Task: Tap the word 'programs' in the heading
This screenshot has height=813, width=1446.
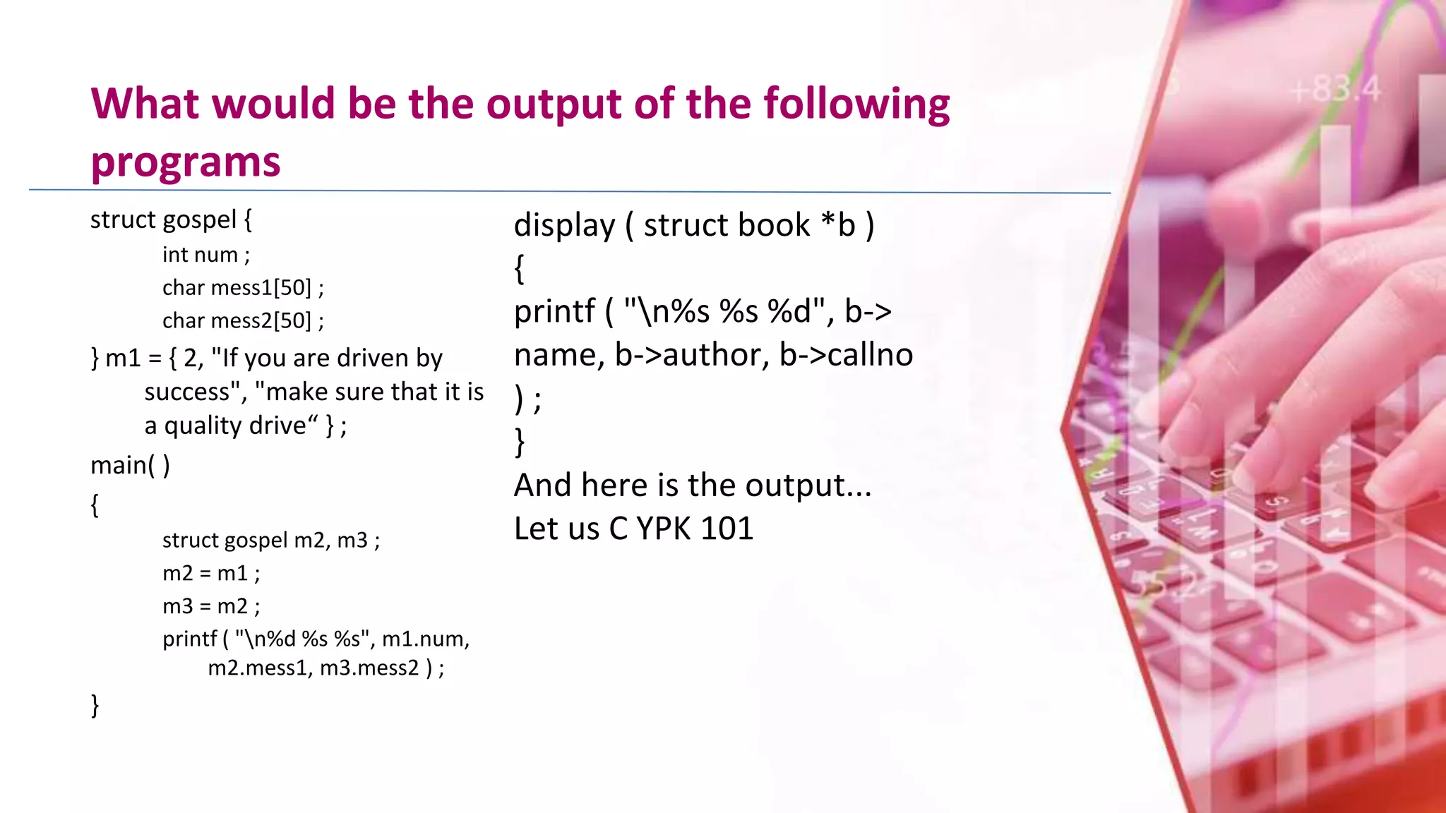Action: coord(186,162)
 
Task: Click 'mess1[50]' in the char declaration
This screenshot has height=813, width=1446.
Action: coord(261,288)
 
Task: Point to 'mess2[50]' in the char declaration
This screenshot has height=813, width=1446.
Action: coord(261,321)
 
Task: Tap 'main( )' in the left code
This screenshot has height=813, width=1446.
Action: coord(130,466)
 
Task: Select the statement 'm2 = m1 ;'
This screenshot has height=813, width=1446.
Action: coord(211,573)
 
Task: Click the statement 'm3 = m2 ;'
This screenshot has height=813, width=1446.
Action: coord(211,606)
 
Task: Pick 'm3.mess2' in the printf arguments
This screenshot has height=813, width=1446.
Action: coord(369,668)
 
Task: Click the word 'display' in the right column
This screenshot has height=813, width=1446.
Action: coord(565,226)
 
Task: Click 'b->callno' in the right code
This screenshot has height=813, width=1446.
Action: coord(846,355)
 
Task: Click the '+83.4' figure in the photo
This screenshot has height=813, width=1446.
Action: coord(1335,90)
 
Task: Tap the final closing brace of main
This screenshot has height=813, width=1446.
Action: coord(95,705)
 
